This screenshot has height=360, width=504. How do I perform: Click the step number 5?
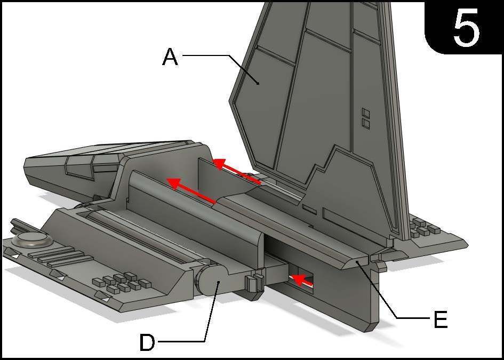(466, 28)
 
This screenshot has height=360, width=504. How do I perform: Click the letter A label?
(170, 58)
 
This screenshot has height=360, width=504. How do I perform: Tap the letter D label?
(147, 342)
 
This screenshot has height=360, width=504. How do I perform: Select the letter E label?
(441, 320)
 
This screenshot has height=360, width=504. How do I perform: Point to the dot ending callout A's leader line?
(258, 83)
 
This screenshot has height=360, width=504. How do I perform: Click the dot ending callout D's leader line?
(218, 282)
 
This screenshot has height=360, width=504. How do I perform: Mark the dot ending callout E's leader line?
(357, 263)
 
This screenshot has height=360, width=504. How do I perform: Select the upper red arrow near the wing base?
(237, 171)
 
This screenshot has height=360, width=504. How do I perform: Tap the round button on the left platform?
(32, 240)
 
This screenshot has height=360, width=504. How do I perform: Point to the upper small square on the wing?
(366, 113)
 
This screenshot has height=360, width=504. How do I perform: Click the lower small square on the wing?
(366, 123)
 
